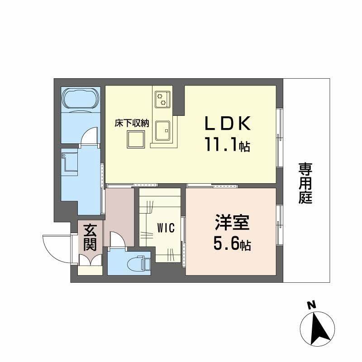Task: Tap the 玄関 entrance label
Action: tap(89, 238)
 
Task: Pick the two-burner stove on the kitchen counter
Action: tap(161, 99)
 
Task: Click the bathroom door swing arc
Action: tap(90, 135)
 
